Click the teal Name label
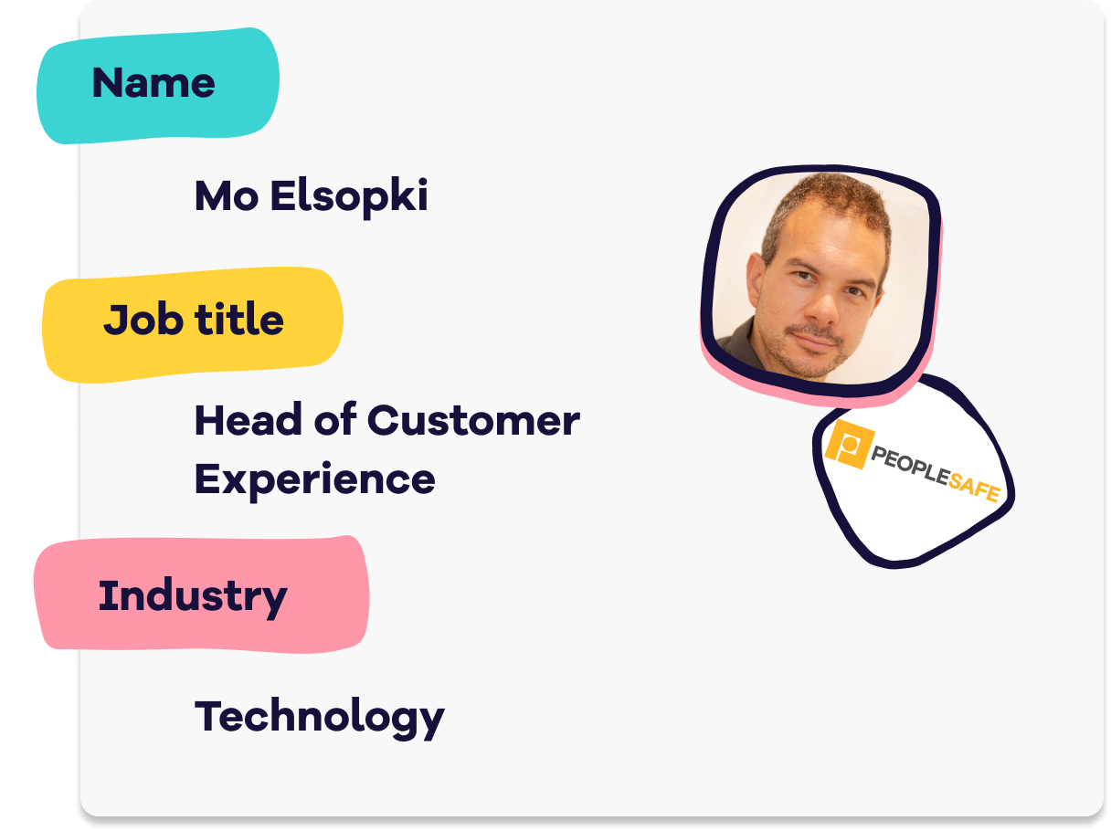[x=157, y=86]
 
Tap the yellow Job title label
[x=193, y=323]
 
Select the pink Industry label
[x=201, y=594]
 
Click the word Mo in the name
[x=227, y=195]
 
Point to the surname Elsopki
[x=349, y=198]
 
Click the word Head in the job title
[x=248, y=419]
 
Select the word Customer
[x=473, y=420]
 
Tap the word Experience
[x=315, y=480]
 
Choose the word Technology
[x=320, y=718]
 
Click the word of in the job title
[x=334, y=419]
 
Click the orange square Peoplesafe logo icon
[x=850, y=444]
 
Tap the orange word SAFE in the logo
[x=974, y=488]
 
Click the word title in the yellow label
[x=239, y=319]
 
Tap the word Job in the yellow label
[x=143, y=321]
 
